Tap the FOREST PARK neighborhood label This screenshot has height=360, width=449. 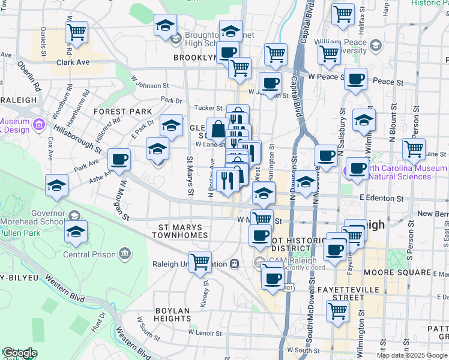click(x=123, y=112)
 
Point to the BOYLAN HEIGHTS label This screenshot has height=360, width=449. click(x=172, y=314)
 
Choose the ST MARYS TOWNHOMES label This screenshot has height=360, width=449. click(x=183, y=232)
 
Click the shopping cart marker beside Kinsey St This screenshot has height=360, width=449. click(x=200, y=262)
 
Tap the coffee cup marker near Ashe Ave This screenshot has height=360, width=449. click(x=119, y=160)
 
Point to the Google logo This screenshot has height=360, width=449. click(x=20, y=353)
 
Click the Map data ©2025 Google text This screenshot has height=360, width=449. click(x=412, y=355)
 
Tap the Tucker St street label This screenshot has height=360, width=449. click(x=209, y=108)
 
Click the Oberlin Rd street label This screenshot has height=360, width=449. click(x=29, y=74)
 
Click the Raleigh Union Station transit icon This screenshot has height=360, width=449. click(x=235, y=263)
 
